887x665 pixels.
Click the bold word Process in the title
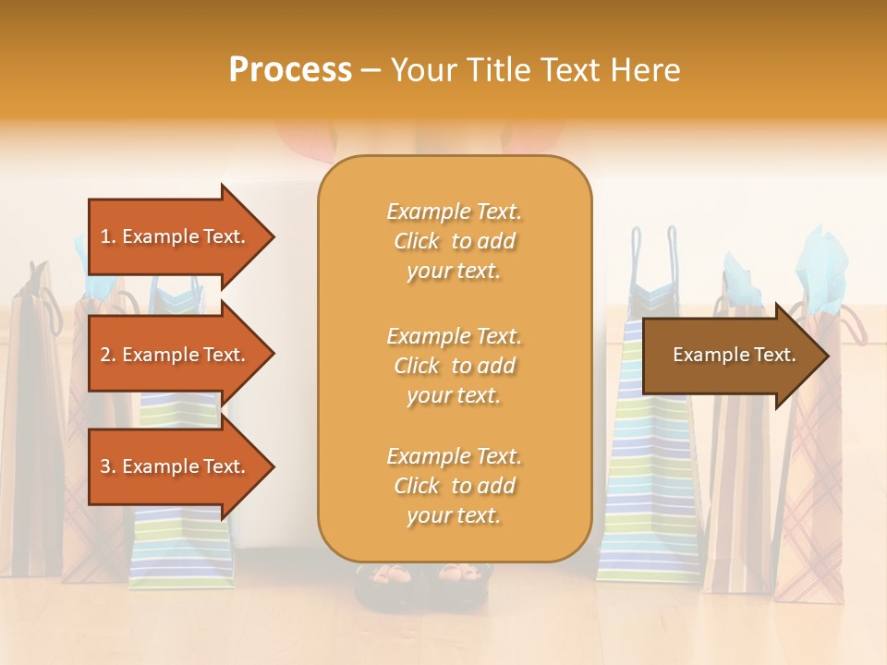[290, 70]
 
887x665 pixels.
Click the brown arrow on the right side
[730, 355]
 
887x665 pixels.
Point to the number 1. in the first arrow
[108, 236]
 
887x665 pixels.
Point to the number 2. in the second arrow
[108, 355]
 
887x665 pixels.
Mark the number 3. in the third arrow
[108, 466]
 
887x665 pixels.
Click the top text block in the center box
[454, 241]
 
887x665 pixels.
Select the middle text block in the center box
[454, 366]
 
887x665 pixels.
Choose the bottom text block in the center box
[454, 486]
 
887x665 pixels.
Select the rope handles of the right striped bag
[652, 254]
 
